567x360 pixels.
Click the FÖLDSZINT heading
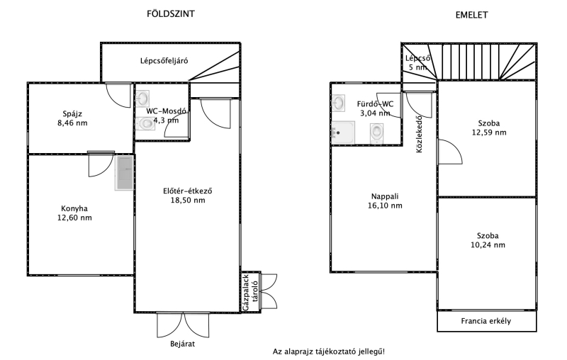pyautogui.click(x=171, y=13)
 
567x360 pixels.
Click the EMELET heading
pyautogui.click(x=471, y=15)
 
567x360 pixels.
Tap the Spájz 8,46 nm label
pyautogui.click(x=72, y=118)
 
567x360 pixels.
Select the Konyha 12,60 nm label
pyautogui.click(x=74, y=213)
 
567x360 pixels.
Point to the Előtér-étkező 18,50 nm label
pyautogui.click(x=188, y=196)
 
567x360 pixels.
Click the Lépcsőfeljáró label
pyautogui.click(x=164, y=61)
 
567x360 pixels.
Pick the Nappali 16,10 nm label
pyautogui.click(x=385, y=201)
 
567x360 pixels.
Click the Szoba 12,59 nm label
pyautogui.click(x=489, y=128)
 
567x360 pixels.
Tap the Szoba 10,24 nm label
pyautogui.click(x=488, y=240)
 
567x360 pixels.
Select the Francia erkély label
pyautogui.click(x=486, y=321)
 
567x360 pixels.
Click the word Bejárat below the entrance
pyautogui.click(x=183, y=344)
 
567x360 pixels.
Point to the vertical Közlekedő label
pyautogui.click(x=419, y=134)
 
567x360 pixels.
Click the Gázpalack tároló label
pyautogui.click(x=251, y=293)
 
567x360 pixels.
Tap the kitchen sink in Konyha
pyautogui.click(x=125, y=173)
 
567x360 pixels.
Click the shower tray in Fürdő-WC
pyautogui.click(x=343, y=133)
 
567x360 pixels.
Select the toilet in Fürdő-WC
pyautogui.click(x=376, y=133)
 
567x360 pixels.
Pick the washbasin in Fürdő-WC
pyautogui.click(x=338, y=103)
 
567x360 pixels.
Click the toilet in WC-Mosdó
pyautogui.click(x=145, y=123)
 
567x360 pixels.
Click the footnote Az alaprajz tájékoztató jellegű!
pyautogui.click(x=329, y=351)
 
